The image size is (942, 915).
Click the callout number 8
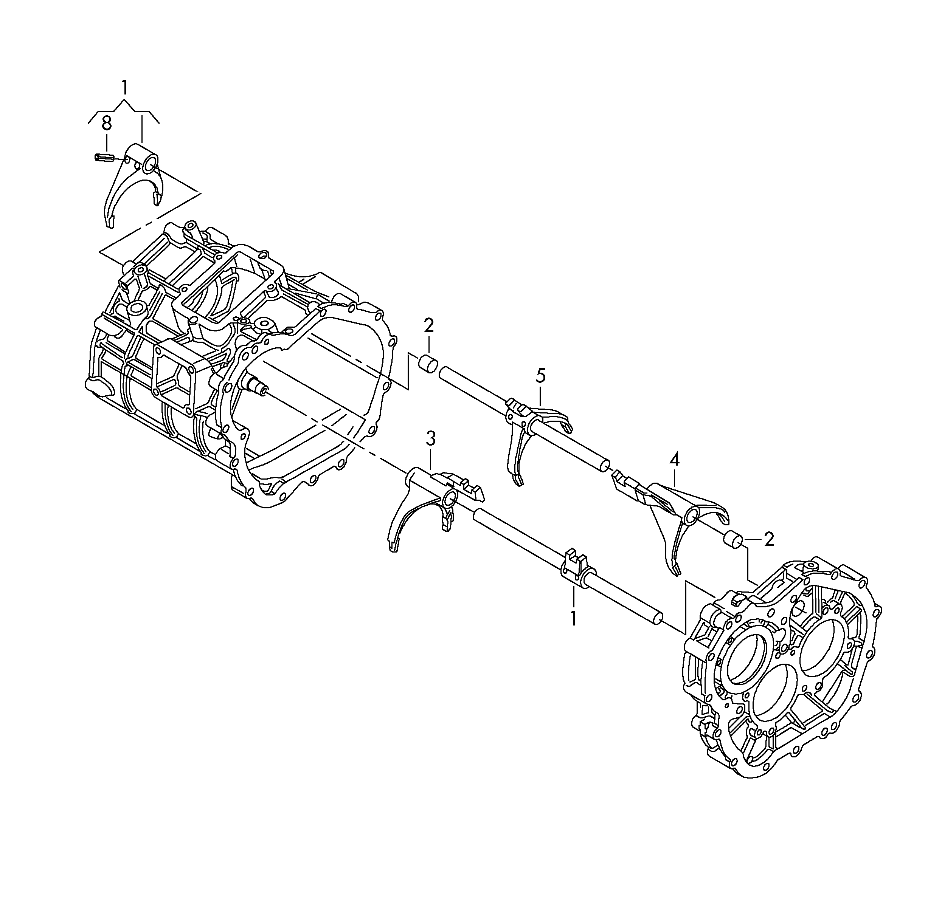coord(106,124)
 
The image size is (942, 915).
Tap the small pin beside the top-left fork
coord(103,157)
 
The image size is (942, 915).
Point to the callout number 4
coord(675,460)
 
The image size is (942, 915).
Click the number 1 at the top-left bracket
coord(124,88)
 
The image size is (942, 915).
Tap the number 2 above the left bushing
coord(428,326)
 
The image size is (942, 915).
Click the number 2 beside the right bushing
coord(769,540)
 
